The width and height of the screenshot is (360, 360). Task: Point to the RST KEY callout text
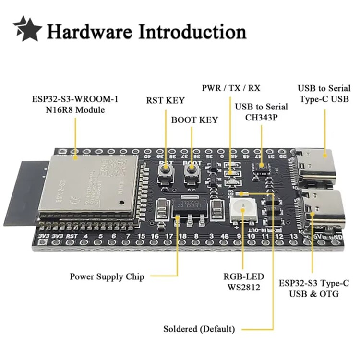[165, 100]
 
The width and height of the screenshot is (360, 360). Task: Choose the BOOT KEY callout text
[194, 120]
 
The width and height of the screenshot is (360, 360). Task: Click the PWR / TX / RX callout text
[230, 88]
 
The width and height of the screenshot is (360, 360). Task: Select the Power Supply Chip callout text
[107, 276]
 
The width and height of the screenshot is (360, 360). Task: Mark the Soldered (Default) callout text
[199, 329]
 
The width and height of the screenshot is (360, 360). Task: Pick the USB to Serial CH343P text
[261, 111]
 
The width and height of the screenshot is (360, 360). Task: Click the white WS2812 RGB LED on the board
[242, 210]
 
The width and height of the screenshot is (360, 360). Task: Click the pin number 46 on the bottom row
[224, 237]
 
